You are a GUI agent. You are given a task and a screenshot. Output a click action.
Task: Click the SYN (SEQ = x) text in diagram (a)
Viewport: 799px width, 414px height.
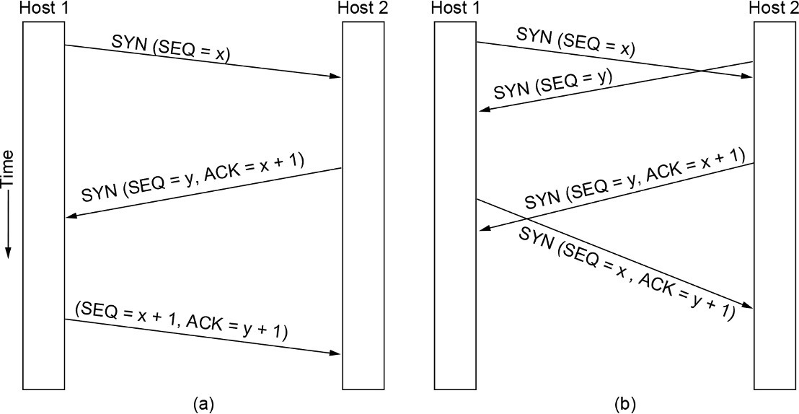171,49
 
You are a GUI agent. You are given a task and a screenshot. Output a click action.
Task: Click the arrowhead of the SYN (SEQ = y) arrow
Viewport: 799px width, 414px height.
483,109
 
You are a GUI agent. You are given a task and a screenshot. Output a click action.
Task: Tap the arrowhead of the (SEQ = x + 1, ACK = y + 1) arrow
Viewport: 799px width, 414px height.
336,353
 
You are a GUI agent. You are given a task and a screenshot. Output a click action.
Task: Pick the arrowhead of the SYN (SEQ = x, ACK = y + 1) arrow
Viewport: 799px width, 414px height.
748,307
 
